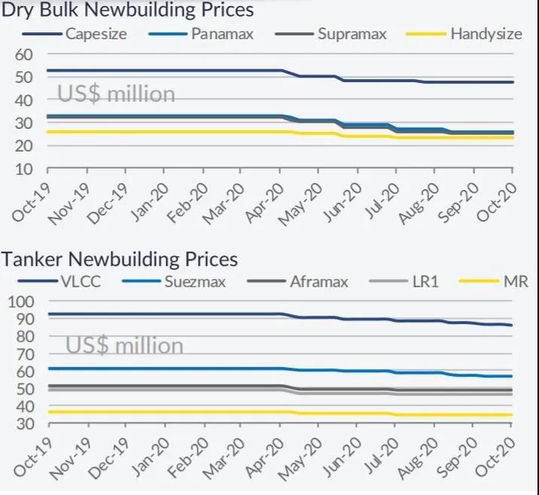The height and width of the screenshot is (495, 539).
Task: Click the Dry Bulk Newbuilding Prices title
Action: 127,11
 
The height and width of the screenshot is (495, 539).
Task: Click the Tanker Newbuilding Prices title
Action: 120,259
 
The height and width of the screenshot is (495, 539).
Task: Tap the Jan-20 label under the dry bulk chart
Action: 150,202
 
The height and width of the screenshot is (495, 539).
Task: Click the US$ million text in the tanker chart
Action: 124,345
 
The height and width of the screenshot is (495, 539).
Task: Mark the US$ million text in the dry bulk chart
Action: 116,94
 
